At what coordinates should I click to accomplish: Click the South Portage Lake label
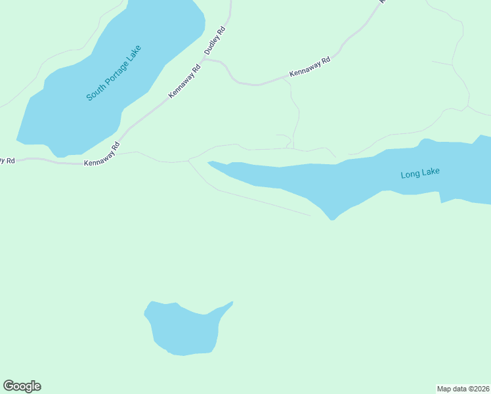click(114, 73)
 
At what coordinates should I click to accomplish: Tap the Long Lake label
click(420, 173)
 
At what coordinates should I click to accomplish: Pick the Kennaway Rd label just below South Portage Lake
click(102, 154)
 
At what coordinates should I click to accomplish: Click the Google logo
click(22, 386)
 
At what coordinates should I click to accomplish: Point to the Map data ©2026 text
click(463, 388)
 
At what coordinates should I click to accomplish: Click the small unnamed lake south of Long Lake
click(186, 330)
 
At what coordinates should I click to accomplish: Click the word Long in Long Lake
click(410, 175)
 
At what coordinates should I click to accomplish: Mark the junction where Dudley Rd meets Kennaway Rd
click(205, 58)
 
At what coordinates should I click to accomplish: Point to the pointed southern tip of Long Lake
click(332, 219)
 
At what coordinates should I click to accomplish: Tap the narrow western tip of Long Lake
click(209, 162)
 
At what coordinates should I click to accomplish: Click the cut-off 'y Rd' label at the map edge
click(7, 160)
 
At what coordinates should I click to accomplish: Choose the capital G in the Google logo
click(9, 386)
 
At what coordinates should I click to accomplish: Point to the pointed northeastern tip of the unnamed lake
click(232, 302)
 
